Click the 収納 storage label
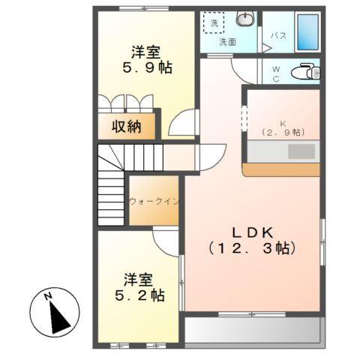127,126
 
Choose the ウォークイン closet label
153,202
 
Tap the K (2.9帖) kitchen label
283,127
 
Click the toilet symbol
304,72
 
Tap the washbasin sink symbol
245,19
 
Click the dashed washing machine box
214,22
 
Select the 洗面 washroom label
227,42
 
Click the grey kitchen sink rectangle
301,151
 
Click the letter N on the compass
47,296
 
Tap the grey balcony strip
253,331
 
